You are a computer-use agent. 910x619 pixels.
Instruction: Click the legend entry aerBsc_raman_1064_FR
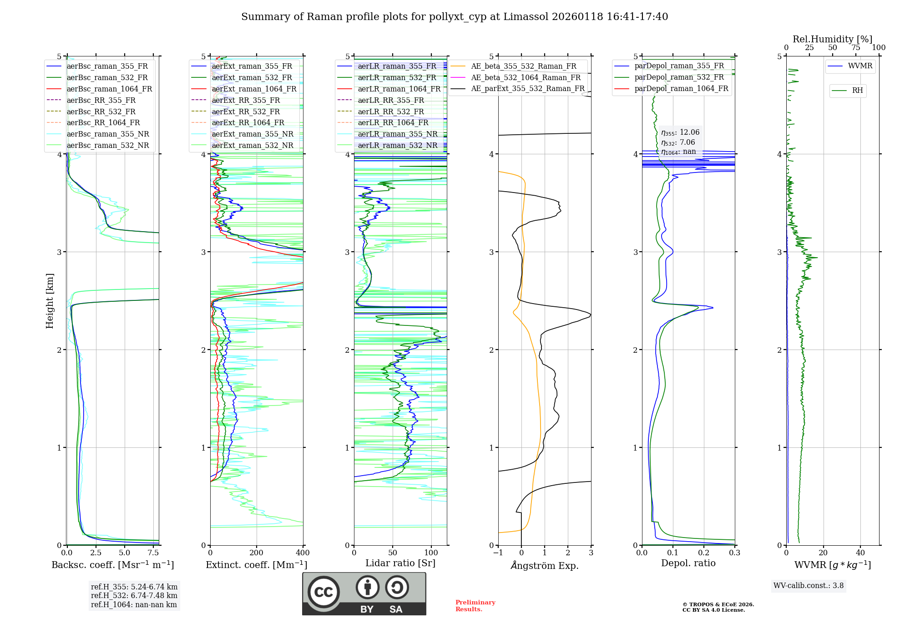[109, 89]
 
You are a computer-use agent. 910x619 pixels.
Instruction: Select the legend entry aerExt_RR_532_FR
[246, 112]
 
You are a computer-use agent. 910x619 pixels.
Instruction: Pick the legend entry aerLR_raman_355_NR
[397, 134]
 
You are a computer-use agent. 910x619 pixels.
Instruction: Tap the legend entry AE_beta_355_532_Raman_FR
[523, 66]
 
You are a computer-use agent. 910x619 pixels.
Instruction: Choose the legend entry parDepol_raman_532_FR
[679, 77]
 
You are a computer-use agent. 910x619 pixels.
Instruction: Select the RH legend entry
[857, 91]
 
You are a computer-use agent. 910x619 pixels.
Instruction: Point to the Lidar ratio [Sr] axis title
[400, 563]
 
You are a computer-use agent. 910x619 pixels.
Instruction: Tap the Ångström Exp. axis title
[544, 566]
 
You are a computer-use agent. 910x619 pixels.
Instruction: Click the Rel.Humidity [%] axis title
[832, 39]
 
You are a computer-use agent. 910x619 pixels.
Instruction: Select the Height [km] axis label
[50, 300]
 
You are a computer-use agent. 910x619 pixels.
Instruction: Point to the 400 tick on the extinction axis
[303, 553]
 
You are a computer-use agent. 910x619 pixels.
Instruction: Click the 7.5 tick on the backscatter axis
[153, 553]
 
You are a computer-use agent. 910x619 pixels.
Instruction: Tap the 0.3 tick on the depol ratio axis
[734, 553]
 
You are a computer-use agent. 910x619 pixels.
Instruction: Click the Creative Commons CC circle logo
[324, 592]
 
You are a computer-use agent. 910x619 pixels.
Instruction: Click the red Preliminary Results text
[475, 605]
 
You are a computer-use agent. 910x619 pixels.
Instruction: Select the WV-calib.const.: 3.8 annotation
[808, 586]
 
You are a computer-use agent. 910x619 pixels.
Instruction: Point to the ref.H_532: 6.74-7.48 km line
[134, 595]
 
